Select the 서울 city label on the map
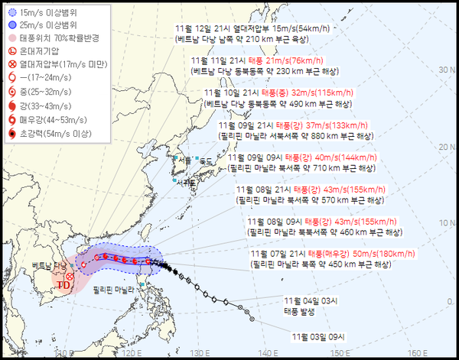coord(181,161)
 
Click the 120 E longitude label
coord(132,353)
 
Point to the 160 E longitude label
coord(415,353)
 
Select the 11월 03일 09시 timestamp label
coord(318,336)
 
